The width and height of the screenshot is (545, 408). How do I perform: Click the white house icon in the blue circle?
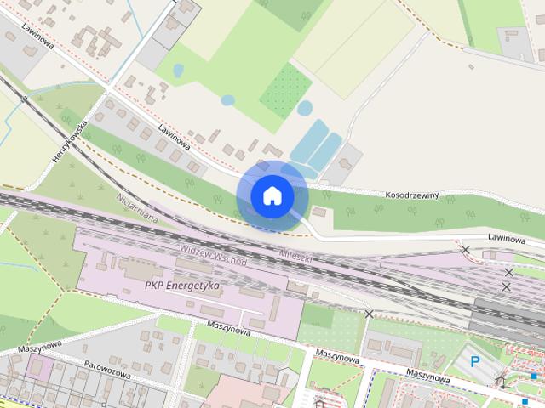(x=272, y=195)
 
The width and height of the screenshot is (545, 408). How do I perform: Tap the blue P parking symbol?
(x=476, y=362)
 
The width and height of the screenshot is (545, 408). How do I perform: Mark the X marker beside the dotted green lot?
(x=369, y=314)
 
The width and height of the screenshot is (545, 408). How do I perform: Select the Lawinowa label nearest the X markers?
(x=506, y=239)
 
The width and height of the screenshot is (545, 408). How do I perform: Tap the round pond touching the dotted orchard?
(x=304, y=108)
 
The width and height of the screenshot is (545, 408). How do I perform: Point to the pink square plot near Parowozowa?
(x=39, y=366)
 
